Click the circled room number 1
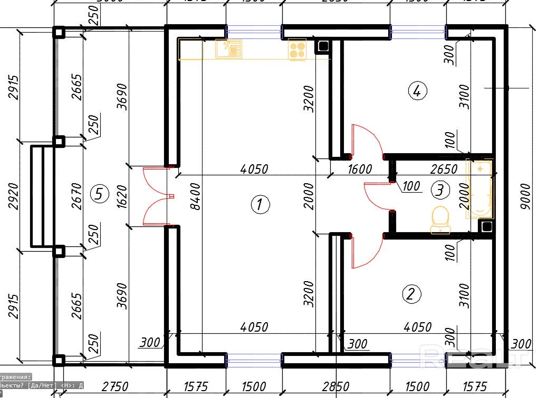[260, 204]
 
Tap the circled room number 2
[411, 294]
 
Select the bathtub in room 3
[479, 189]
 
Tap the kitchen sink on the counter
[228, 49]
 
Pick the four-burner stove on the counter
[297, 50]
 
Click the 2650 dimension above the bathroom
[444, 170]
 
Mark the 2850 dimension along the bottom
[336, 387]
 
